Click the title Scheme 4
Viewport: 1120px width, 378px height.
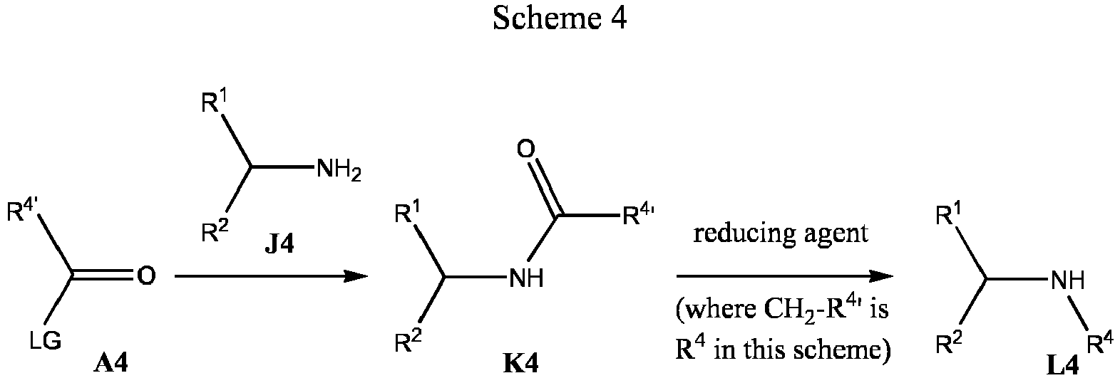click(x=560, y=19)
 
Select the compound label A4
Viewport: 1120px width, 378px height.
click(x=111, y=364)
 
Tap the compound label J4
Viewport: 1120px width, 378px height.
click(x=279, y=245)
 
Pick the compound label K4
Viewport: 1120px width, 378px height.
click(x=521, y=364)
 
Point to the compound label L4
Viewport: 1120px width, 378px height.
click(x=1062, y=366)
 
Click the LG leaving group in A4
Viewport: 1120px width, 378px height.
click(x=45, y=342)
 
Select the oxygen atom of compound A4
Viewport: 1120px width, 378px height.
click(x=146, y=275)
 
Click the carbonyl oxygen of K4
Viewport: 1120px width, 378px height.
click(x=525, y=149)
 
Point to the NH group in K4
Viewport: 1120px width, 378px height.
click(x=527, y=278)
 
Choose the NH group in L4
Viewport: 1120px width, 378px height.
click(x=1067, y=280)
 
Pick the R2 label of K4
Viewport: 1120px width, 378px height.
click(x=408, y=342)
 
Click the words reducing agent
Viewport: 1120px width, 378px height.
click(x=781, y=233)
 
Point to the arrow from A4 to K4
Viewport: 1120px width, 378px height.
click(x=271, y=275)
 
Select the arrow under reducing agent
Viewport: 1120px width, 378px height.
click(x=785, y=275)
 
